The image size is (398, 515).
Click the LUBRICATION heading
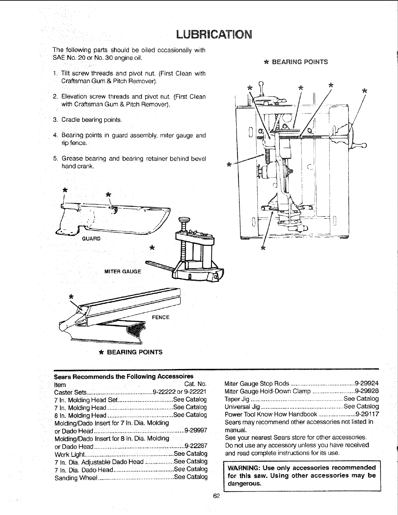[213, 34]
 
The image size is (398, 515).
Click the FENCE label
[161, 317]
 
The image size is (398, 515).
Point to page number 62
[216, 496]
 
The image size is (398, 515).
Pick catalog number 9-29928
[367, 390]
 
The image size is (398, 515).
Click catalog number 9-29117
[367, 414]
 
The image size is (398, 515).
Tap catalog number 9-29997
[196, 430]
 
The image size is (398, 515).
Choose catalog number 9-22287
[196, 446]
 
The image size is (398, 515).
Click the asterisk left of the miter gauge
[151, 248]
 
